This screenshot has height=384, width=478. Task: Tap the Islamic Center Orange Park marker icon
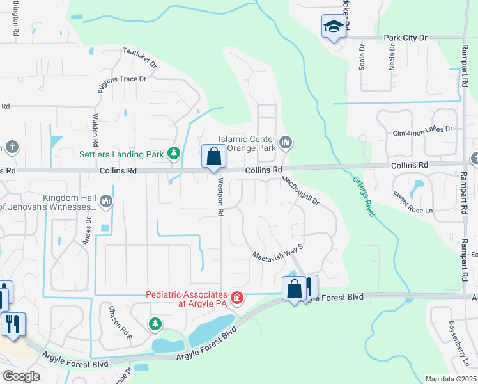pyautogui.click(x=286, y=141)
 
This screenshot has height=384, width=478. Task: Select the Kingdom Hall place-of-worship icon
pyautogui.click(x=106, y=202)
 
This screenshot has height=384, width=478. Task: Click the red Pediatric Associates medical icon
pyautogui.click(x=236, y=298)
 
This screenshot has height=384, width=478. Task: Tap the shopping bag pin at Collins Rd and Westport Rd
pyautogui.click(x=213, y=157)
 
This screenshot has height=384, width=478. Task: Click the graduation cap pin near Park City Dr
pyautogui.click(x=332, y=27)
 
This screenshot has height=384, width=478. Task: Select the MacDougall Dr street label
pyautogui.click(x=300, y=191)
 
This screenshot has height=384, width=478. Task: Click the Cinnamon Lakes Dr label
pyautogui.click(x=422, y=129)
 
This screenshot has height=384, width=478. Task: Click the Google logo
pyautogui.click(x=21, y=376)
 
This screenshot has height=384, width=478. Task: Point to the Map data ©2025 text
pyautogui.click(x=451, y=379)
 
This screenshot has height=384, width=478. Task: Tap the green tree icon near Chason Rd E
pyautogui.click(x=155, y=324)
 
